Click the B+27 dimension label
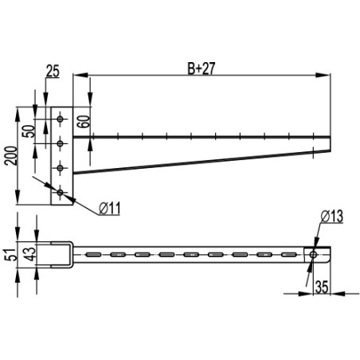click(x=201, y=68)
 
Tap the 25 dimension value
click(x=53, y=71)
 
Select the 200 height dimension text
click(x=12, y=155)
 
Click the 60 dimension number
click(x=84, y=122)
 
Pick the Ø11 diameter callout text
click(x=110, y=209)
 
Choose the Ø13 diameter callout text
click(x=332, y=217)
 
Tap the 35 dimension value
click(x=322, y=287)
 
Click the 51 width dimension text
click(x=11, y=255)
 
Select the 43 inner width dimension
click(x=30, y=254)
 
